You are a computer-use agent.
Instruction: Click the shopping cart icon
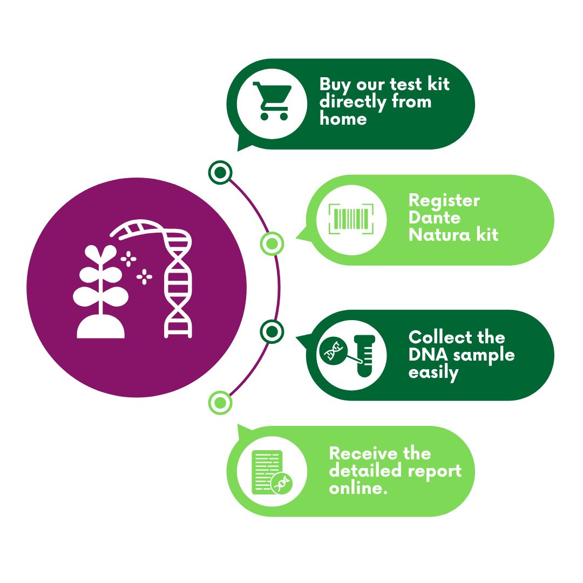(272, 101)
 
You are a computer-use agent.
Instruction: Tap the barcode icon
(351, 219)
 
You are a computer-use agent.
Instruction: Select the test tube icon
(365, 355)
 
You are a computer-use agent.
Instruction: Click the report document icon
(268, 472)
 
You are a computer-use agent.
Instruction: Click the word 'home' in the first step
(343, 118)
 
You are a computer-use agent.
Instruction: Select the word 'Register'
(444, 201)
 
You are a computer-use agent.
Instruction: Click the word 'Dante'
(435, 218)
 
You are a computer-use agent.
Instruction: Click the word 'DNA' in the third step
(429, 355)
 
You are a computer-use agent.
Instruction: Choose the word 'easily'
(433, 372)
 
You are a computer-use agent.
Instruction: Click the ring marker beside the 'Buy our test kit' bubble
(220, 173)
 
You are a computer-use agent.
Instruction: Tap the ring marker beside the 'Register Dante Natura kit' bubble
(272, 244)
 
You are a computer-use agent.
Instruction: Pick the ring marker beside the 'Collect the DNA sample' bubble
(272, 331)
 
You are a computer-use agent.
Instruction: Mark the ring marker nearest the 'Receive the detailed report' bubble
(220, 402)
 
